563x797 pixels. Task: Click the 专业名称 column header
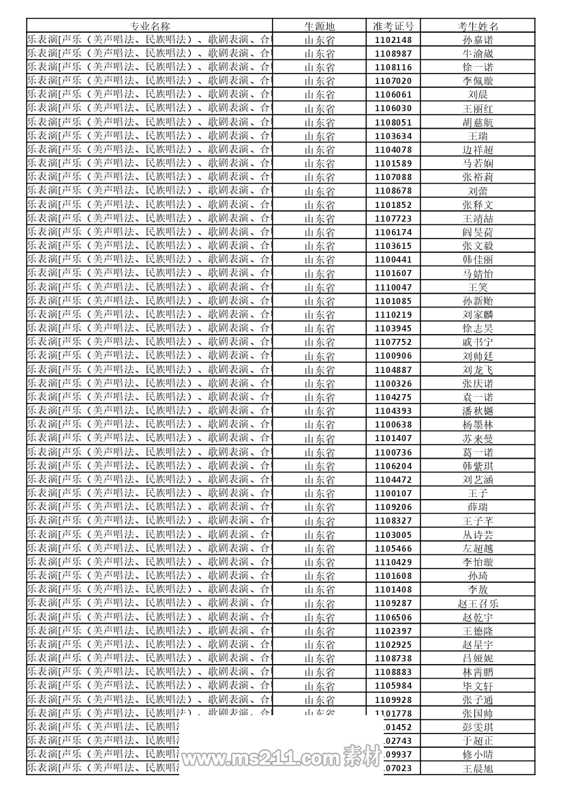coord(150,26)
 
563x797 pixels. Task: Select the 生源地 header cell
coord(319,26)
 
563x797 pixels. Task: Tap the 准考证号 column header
coord(393,26)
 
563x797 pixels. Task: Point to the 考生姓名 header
coord(478,26)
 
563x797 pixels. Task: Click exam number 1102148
coord(393,40)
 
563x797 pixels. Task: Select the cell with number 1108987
coord(393,53)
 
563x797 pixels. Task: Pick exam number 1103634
coord(393,136)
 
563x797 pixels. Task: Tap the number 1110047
coord(393,287)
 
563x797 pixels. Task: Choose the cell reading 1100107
coord(393,493)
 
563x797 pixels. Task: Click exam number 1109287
coord(393,603)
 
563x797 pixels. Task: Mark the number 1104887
coord(393,370)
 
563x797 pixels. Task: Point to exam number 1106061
coord(393,95)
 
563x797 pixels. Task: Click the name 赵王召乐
coord(478,603)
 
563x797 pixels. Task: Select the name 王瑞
coord(478,136)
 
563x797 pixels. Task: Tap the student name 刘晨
coord(478,95)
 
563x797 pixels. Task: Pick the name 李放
coord(478,590)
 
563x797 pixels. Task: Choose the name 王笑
coord(478,287)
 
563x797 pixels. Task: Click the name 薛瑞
coord(478,507)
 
